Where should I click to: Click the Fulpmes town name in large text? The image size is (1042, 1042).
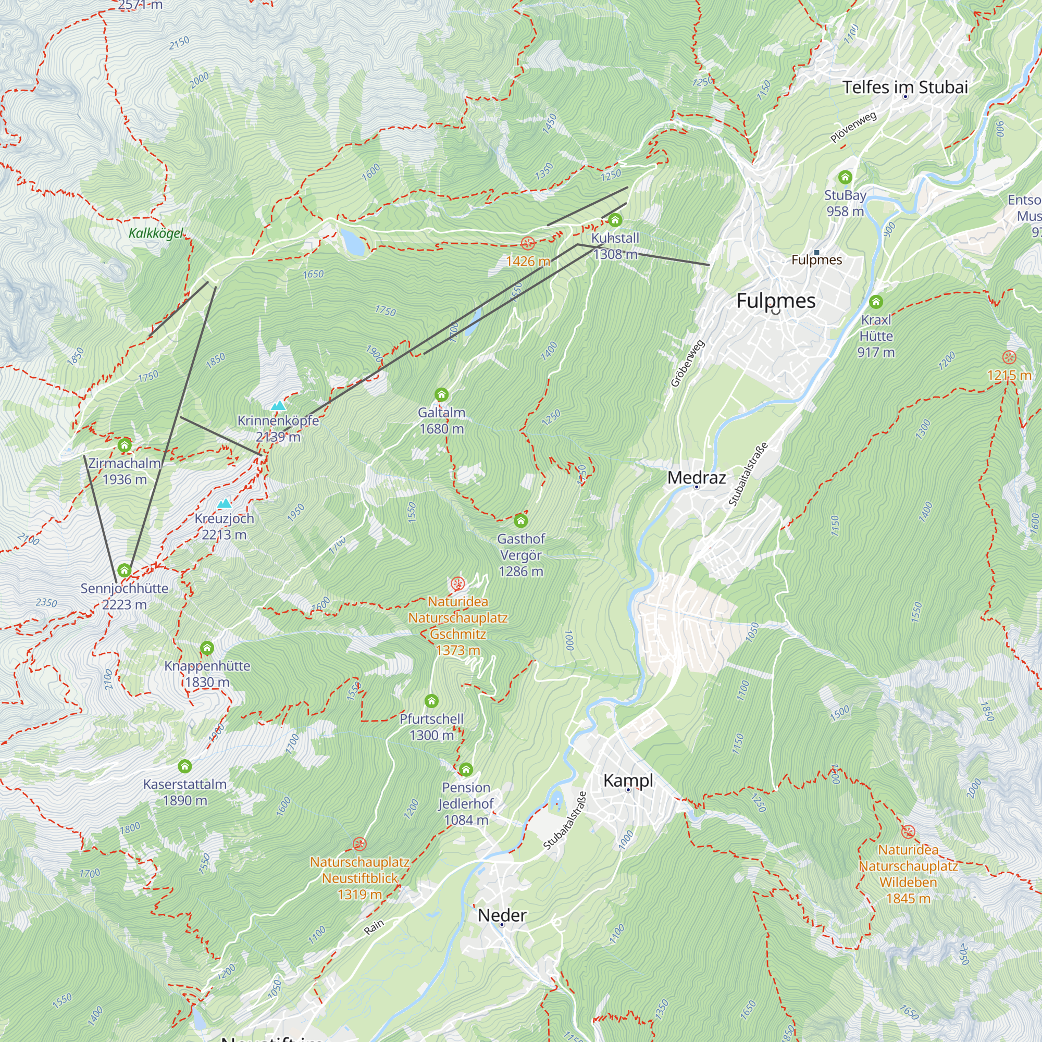pyautogui.click(x=776, y=301)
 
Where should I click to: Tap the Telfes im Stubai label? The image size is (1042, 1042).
pyautogui.click(x=905, y=88)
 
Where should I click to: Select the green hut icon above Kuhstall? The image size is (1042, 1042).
pyautogui.click(x=615, y=219)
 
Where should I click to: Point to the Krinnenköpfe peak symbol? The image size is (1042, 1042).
pyautogui.click(x=278, y=405)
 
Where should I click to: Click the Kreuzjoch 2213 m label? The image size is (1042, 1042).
pyautogui.click(x=224, y=526)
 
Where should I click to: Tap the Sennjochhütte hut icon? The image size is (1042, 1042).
pyautogui.click(x=125, y=570)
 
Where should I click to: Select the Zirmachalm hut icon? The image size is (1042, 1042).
pyautogui.click(x=125, y=445)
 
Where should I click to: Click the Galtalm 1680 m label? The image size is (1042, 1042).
pyautogui.click(x=441, y=420)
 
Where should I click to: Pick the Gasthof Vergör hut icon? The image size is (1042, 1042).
pyautogui.click(x=520, y=520)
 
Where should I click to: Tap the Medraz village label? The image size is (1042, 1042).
pyautogui.click(x=696, y=477)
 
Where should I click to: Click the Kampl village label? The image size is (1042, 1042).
pyautogui.click(x=628, y=780)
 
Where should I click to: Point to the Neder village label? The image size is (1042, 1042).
pyautogui.click(x=502, y=915)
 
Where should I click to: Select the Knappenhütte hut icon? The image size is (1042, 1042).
pyautogui.click(x=207, y=648)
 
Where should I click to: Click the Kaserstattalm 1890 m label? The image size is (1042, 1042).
pyautogui.click(x=185, y=792)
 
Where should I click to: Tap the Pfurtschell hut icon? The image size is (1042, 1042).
pyautogui.click(x=431, y=701)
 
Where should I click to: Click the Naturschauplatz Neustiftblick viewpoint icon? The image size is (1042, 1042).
pyautogui.click(x=359, y=843)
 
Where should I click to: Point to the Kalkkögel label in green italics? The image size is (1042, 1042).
pyautogui.click(x=156, y=233)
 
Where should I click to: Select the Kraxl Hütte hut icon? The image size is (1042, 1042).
pyautogui.click(x=876, y=302)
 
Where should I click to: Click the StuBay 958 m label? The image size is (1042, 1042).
pyautogui.click(x=845, y=203)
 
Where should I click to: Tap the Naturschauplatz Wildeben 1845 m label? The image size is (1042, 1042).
pyautogui.click(x=908, y=874)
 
